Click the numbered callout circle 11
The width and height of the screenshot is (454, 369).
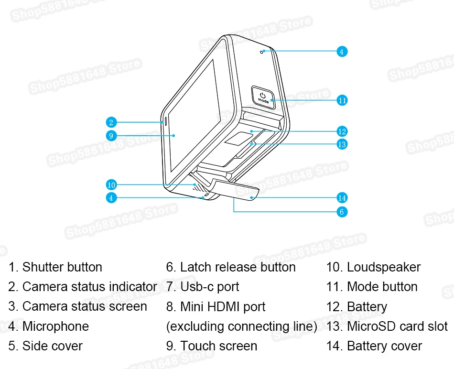[x=342, y=100]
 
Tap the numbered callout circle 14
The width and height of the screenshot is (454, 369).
[x=342, y=197]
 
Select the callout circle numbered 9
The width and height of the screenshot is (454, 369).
[x=111, y=136]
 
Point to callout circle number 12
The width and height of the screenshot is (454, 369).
[x=342, y=131]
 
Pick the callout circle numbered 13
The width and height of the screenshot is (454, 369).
[x=342, y=143]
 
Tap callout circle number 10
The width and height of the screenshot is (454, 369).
[x=111, y=184]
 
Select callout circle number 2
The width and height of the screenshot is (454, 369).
[x=111, y=122]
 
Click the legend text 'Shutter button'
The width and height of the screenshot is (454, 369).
[x=62, y=267]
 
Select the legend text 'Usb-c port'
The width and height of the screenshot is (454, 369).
[x=209, y=287]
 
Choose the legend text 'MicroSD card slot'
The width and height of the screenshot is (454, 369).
[x=397, y=326]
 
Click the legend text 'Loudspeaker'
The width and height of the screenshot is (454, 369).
[x=384, y=267]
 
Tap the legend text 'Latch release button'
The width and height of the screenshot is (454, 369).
[x=238, y=267]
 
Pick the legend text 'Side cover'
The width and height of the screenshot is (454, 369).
[x=52, y=346]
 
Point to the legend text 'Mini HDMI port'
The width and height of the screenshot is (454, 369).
[x=223, y=307]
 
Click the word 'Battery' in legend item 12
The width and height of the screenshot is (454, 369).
[x=367, y=307]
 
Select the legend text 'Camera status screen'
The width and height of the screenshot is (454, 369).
[x=85, y=307]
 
